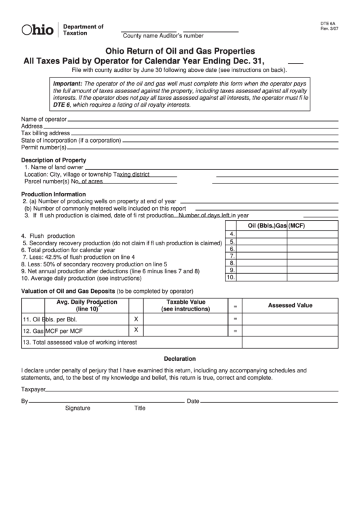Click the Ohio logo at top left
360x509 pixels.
pyautogui.click(x=37, y=30)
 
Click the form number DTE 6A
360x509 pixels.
pyautogui.click(x=329, y=22)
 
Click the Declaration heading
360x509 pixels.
pyautogui.click(x=179, y=358)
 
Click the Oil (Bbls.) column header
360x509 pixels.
pyautogui.click(x=262, y=226)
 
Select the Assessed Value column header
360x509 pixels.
pyautogui.click(x=290, y=306)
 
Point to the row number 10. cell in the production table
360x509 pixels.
pyautogui.click(x=230, y=277)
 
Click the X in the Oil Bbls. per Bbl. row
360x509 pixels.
pyautogui.click(x=136, y=318)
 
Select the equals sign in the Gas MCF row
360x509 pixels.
pyautogui.click(x=235, y=331)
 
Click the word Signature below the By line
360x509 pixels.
pyautogui.click(x=77, y=408)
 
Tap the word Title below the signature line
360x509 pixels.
pyautogui.click(x=139, y=408)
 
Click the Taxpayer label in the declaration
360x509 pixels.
pyautogui.click(x=33, y=389)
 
